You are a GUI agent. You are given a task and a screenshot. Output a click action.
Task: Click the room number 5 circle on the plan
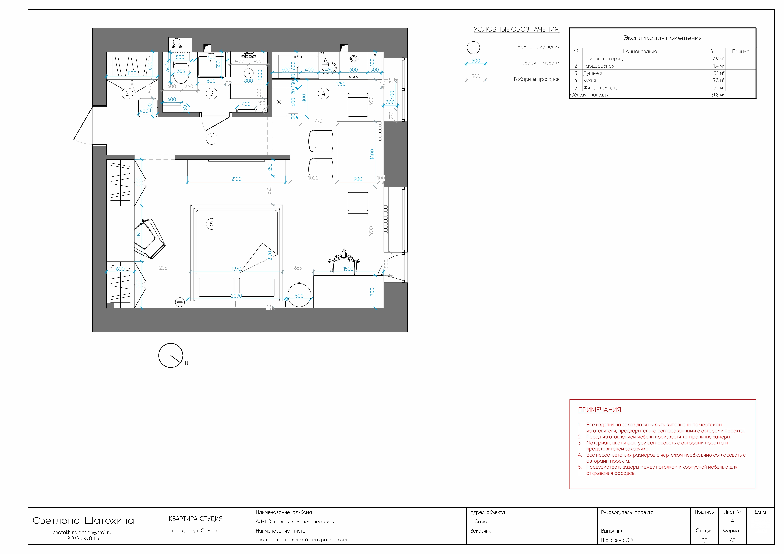(x=212, y=224)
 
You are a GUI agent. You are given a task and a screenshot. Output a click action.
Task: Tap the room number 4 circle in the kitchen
(x=324, y=93)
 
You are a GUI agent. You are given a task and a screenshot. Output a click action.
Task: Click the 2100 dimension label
(x=236, y=179)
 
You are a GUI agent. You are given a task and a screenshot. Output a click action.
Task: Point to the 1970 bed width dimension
(x=236, y=269)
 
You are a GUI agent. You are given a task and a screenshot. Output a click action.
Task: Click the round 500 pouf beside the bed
(x=299, y=295)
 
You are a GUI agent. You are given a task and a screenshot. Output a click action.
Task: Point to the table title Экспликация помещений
(x=662, y=38)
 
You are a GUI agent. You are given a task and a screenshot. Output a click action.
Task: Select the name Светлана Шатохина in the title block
(x=83, y=521)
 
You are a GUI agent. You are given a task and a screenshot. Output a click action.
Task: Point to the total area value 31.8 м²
(x=717, y=95)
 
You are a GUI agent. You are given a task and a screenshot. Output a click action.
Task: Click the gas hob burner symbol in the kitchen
(x=354, y=59)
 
